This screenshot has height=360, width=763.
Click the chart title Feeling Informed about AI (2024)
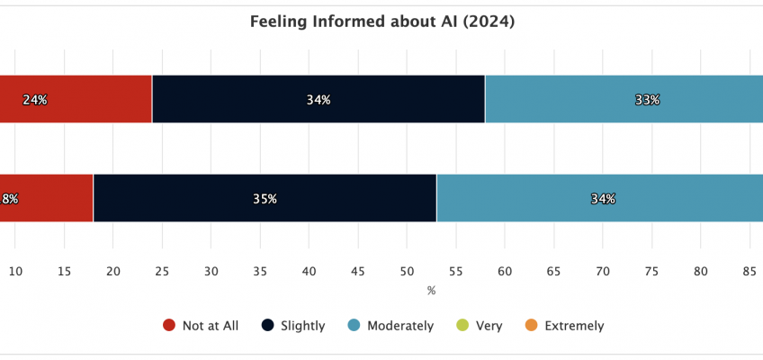(381, 22)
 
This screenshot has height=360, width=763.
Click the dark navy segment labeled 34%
(318, 100)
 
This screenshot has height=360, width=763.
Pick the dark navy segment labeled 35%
(265, 199)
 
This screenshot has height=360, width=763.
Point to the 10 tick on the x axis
(15, 271)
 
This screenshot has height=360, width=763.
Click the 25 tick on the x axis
(162, 271)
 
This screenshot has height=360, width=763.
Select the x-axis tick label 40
(309, 271)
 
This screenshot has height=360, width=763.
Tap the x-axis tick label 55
(455, 271)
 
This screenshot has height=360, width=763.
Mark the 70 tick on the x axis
(602, 271)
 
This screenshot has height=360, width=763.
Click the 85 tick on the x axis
(749, 271)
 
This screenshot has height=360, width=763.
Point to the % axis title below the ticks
(431, 290)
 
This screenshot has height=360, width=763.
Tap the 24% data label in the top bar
(36, 100)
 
